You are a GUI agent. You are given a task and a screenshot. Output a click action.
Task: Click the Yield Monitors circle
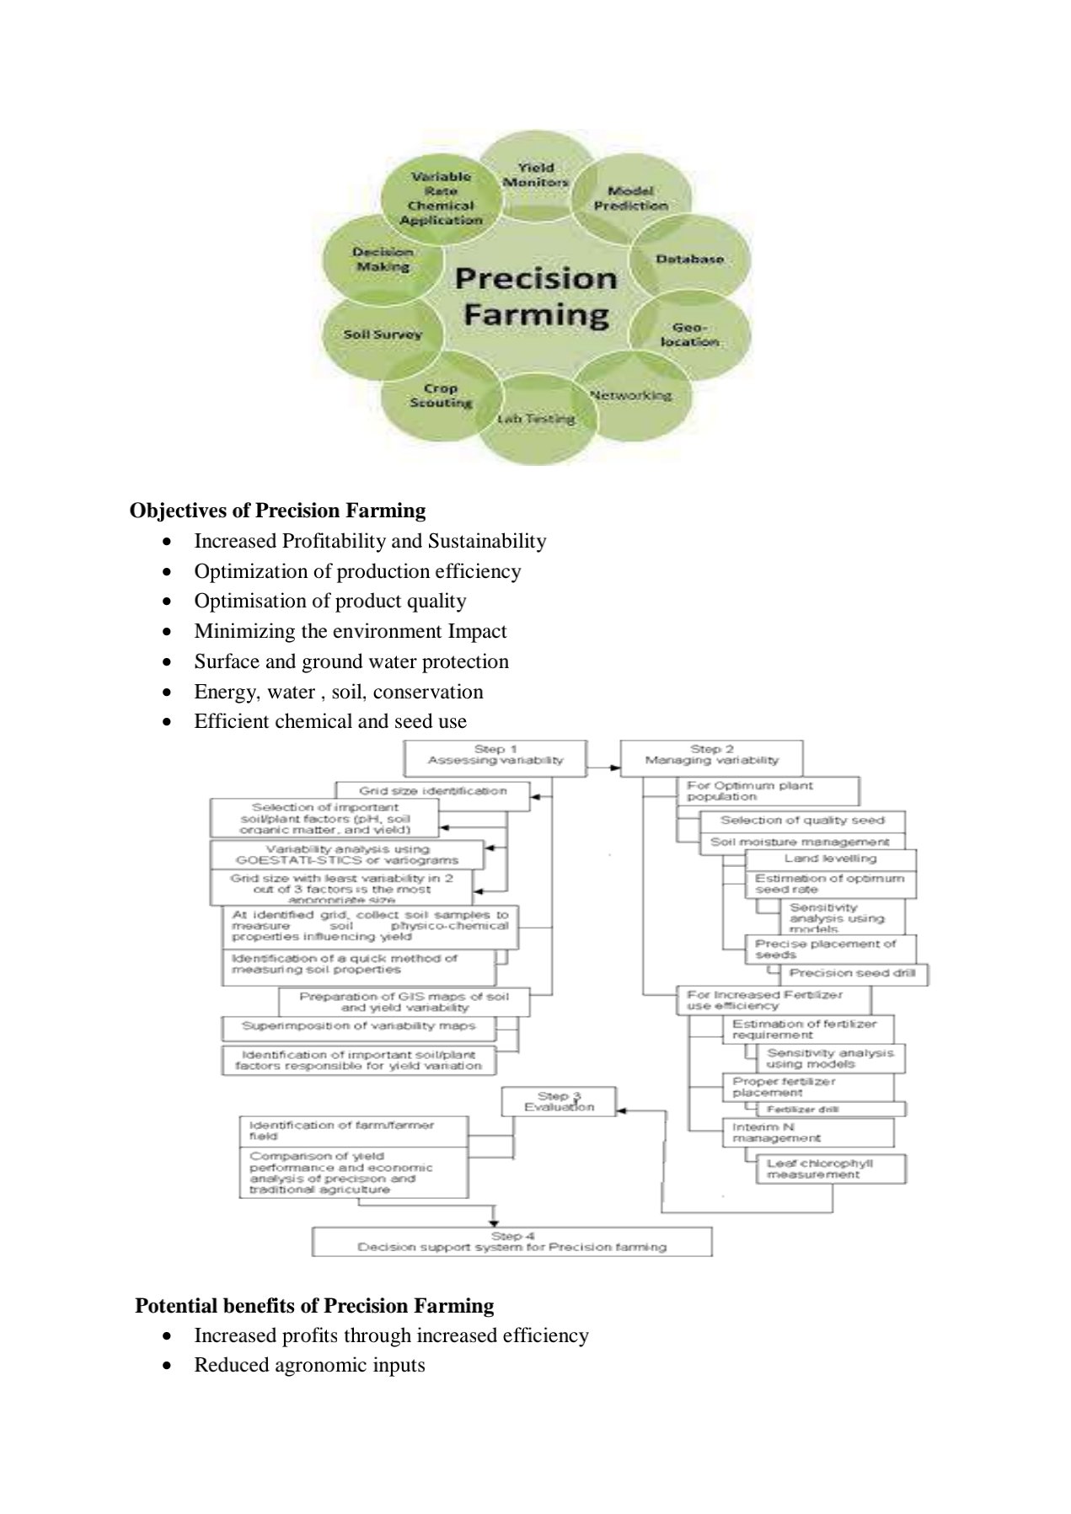point(536,174)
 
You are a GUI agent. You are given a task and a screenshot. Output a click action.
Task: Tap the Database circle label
point(689,259)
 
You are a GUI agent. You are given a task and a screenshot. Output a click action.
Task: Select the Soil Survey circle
point(383,334)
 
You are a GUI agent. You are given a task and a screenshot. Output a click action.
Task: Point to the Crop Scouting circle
point(440,396)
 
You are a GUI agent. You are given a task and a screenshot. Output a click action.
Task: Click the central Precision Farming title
point(536,296)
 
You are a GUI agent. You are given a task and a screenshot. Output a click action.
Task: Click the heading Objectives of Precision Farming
point(277,511)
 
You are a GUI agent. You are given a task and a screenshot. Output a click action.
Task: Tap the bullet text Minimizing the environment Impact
point(351,631)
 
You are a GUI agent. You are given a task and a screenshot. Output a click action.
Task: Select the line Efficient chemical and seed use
point(330,721)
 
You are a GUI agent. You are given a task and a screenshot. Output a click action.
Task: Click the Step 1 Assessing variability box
point(495,755)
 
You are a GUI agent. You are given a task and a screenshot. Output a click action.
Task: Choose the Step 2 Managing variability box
point(712,755)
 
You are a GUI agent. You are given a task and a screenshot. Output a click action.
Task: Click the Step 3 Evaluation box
point(559,1102)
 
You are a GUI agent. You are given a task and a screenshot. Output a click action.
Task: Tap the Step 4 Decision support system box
point(511,1242)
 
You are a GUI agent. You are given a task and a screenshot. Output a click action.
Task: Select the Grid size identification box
point(433,791)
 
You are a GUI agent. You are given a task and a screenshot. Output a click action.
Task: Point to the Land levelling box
point(830,859)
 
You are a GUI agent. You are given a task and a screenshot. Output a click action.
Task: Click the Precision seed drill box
point(852,973)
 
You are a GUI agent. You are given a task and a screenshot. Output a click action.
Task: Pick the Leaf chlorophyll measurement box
point(830,1169)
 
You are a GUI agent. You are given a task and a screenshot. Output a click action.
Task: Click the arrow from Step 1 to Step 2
point(603,768)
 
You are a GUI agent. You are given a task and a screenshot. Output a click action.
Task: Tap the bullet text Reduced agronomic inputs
point(309,1365)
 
